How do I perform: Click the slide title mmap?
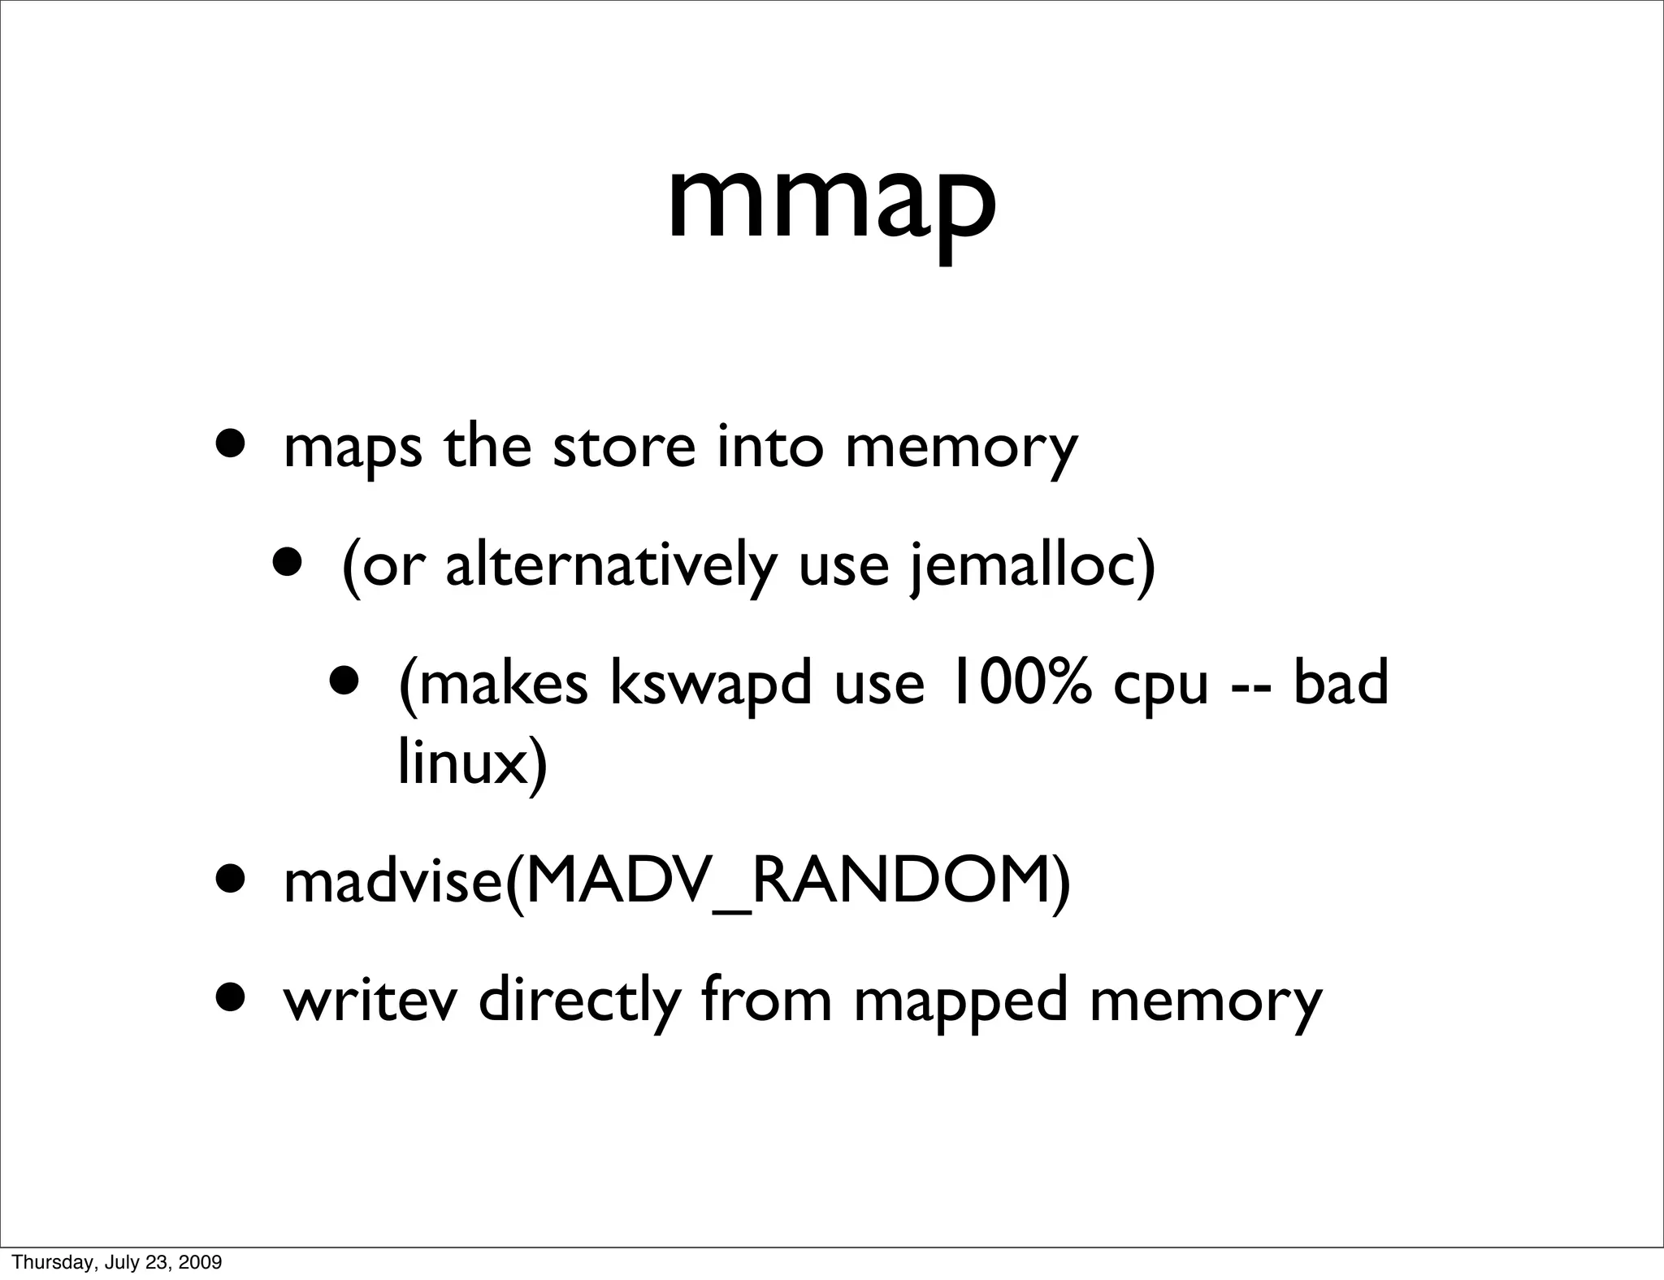831,203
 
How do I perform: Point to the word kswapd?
710,684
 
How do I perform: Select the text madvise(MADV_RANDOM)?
676,882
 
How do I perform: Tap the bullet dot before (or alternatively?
288,561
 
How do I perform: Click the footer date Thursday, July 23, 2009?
117,1262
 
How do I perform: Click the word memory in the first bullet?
960,448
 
